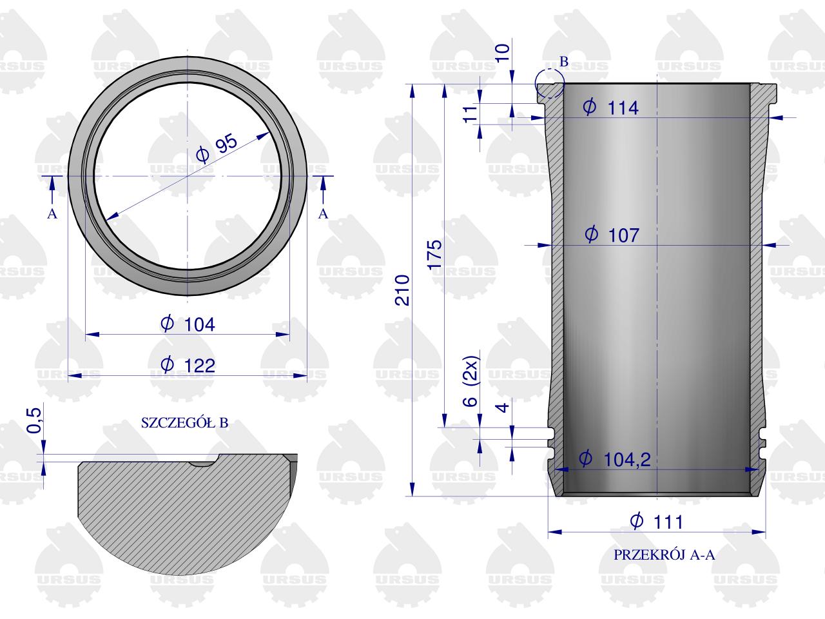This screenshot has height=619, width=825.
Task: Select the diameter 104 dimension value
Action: tap(188, 324)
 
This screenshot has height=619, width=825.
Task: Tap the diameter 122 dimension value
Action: tap(188, 366)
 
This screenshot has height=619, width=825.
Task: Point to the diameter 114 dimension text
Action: tap(610, 108)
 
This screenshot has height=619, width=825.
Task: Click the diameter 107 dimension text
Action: tap(611, 235)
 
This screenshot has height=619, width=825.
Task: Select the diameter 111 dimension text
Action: tap(655, 521)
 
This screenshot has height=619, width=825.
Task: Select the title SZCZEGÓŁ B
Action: tap(184, 424)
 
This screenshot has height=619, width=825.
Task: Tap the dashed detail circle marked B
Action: tap(549, 83)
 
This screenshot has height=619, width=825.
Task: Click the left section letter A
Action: tap(52, 214)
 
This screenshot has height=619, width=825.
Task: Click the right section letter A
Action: tap(324, 213)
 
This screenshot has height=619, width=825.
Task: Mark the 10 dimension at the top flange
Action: tap(505, 50)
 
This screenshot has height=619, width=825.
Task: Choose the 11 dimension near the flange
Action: tap(472, 113)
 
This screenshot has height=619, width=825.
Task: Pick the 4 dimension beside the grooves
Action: tap(504, 407)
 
